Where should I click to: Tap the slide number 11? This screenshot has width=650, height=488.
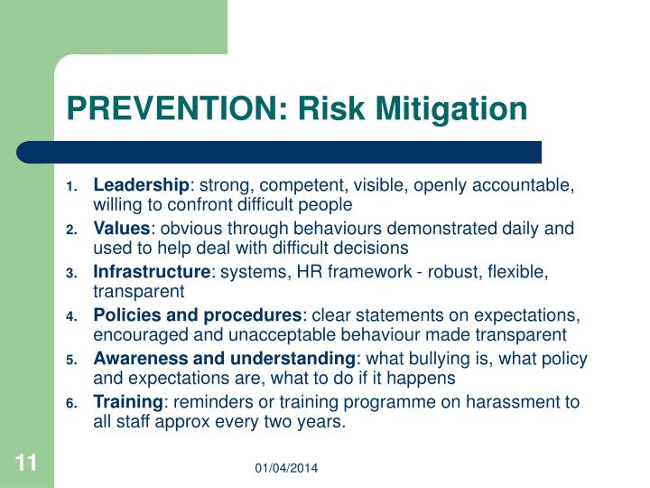coord(25,464)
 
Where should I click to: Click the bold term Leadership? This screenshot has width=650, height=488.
coord(140,185)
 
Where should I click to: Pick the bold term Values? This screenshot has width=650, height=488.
coord(121,229)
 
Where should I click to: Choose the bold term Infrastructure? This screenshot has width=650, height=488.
coord(151,272)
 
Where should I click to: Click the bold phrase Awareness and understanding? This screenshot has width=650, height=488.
coord(224,359)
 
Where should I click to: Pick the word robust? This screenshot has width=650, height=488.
coord(434,272)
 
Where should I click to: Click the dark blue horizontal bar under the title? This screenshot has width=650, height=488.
coord(280,151)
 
